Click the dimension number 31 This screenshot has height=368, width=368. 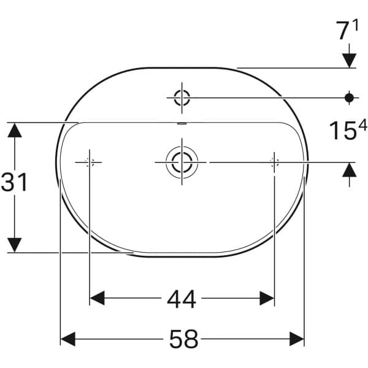coord(15,183)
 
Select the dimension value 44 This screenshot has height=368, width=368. coord(182,299)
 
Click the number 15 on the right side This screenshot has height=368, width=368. coord(342,131)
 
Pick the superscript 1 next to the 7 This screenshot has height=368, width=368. coord(355,26)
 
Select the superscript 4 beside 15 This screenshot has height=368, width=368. coord(362,126)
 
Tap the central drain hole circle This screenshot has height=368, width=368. coord(182,162)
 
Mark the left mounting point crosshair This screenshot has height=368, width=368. coord(90,162)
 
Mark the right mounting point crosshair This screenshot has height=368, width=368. coord(274,162)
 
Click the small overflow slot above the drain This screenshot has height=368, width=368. coord(181,123)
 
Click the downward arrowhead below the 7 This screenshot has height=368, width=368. coord(350,60)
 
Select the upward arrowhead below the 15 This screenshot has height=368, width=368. coord(350,169)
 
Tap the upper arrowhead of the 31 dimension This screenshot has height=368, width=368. coord(15,130)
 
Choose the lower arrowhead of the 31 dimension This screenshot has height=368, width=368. coord(15,244)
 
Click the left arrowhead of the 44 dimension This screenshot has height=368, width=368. coord(98,299)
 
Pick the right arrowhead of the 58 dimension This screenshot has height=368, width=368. coord(297,339)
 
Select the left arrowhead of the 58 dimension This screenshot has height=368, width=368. coord(67,339)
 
